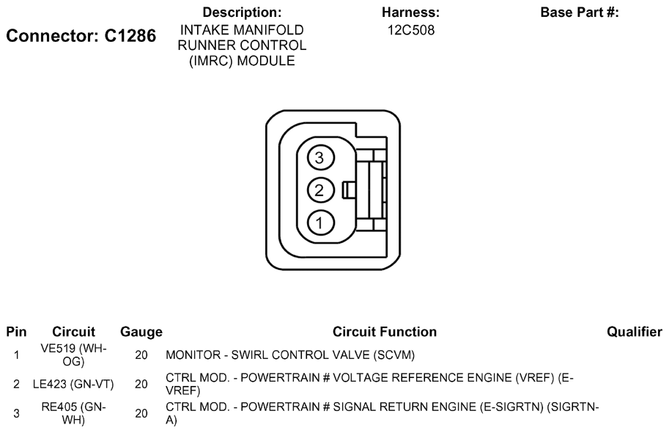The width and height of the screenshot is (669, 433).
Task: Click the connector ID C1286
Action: [130, 36]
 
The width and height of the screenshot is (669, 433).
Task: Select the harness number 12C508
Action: [411, 30]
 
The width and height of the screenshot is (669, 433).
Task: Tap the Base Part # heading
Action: [580, 12]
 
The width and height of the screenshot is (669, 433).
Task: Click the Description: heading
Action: [242, 12]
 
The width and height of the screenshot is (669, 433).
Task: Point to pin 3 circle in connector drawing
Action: [320, 158]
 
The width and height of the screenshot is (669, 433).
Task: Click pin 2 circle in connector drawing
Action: [320, 190]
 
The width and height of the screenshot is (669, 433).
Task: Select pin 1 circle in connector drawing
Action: [320, 222]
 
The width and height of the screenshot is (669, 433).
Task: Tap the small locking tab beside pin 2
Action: [349, 190]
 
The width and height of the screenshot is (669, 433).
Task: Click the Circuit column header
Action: [73, 332]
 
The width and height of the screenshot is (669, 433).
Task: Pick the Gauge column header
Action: [141, 332]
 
